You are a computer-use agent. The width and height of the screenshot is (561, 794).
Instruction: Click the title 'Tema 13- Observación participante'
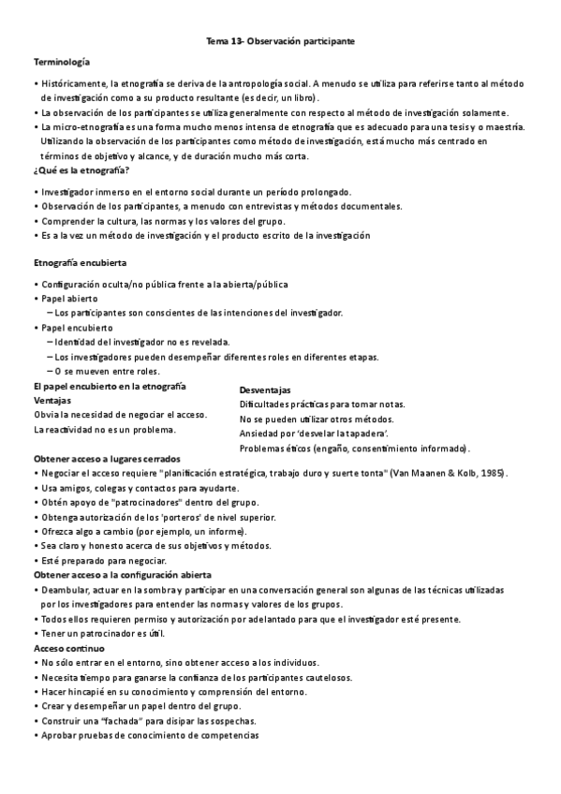point(280,42)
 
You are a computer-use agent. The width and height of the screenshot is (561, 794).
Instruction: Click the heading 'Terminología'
point(62,62)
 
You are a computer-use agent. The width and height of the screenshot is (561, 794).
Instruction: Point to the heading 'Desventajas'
point(265,390)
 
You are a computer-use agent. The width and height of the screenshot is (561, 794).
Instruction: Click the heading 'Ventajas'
point(52,400)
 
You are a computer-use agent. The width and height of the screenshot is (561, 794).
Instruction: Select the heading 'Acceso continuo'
point(69,648)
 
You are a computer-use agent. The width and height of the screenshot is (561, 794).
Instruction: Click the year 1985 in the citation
point(493,475)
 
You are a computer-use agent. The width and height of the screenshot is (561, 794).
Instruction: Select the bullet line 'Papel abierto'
point(69,298)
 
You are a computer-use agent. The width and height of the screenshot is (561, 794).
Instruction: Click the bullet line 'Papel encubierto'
point(77,328)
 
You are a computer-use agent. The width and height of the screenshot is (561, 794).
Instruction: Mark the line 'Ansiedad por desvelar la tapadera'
point(315,434)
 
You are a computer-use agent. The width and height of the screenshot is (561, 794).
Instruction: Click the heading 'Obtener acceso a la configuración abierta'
point(122,574)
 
